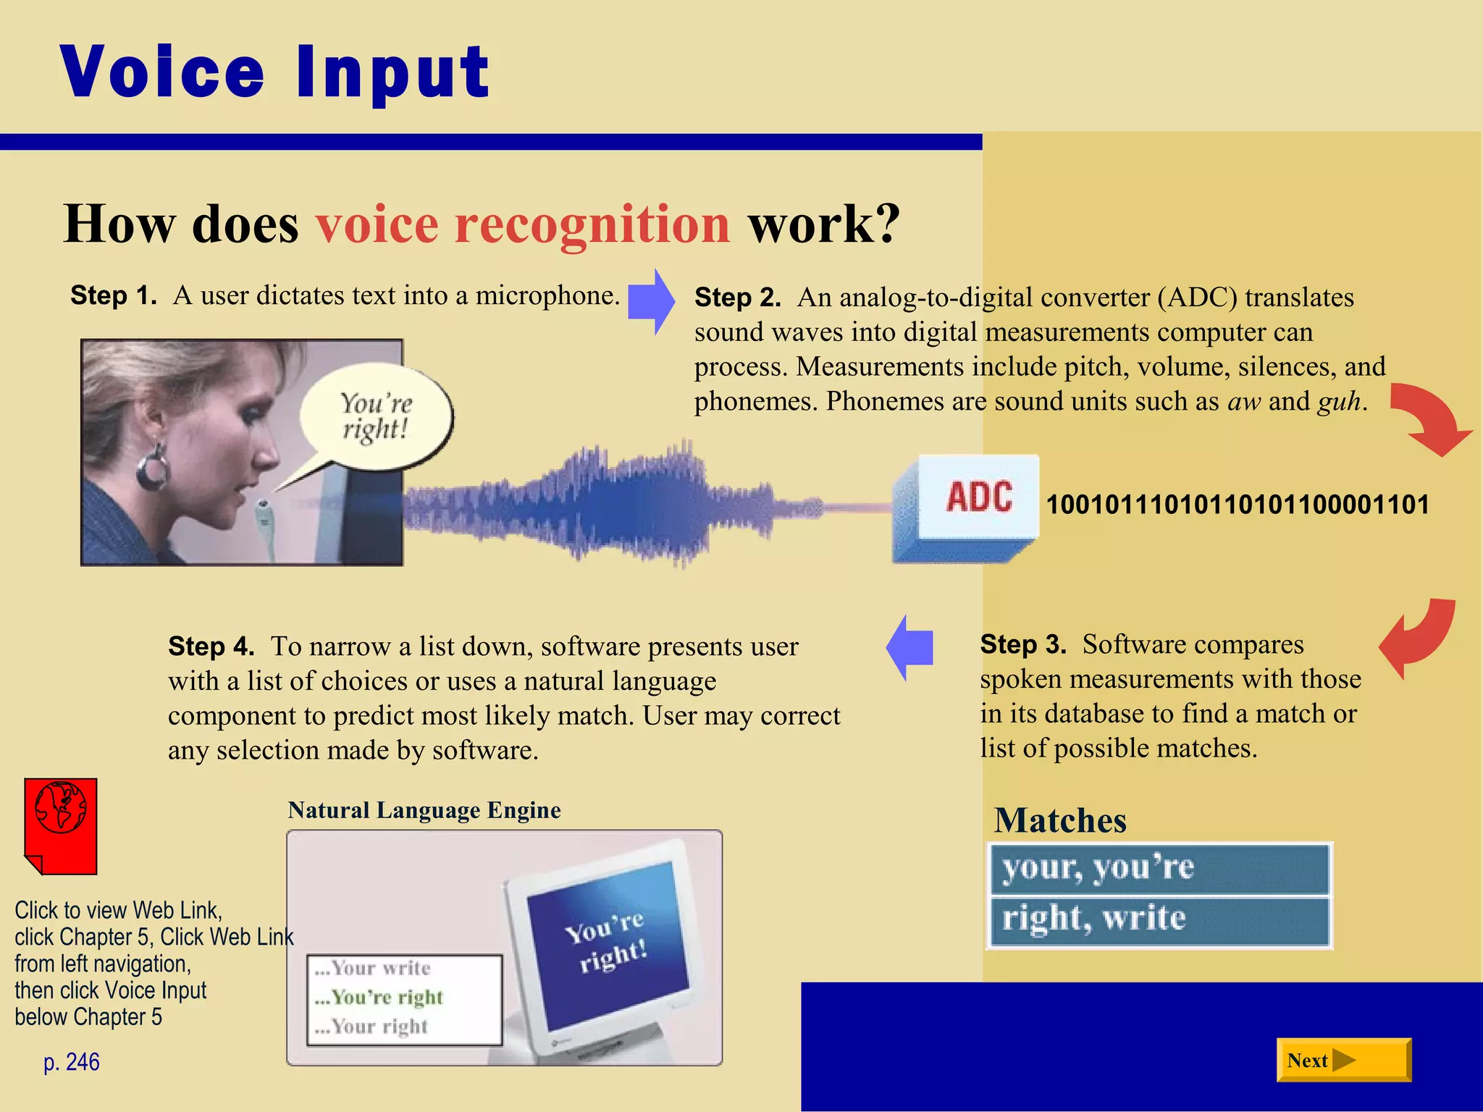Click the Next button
click(x=1343, y=1061)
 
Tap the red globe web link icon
click(x=61, y=826)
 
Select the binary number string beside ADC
click(x=1238, y=505)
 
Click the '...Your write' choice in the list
click(x=373, y=968)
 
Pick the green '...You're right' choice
click(x=379, y=998)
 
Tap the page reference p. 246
click(x=71, y=1062)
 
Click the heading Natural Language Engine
click(x=424, y=810)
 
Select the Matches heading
click(x=1060, y=821)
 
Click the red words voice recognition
click(x=523, y=224)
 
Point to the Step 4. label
click(x=211, y=646)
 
